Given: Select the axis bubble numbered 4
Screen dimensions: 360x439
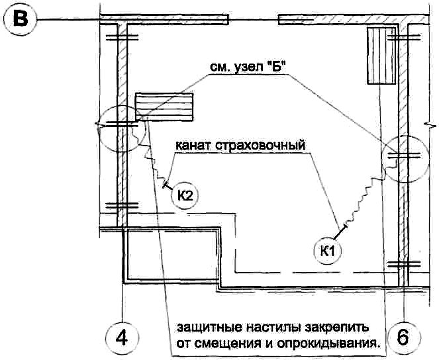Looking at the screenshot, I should click(121, 337).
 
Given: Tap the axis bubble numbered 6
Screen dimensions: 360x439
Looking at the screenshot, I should click(403, 337).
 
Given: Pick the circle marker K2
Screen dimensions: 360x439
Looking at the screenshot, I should click(185, 196).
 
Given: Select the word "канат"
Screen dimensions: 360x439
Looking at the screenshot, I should click(195, 145).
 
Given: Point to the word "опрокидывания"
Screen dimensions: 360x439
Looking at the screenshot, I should click(319, 345).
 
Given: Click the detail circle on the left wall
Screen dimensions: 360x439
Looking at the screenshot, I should click(119, 130).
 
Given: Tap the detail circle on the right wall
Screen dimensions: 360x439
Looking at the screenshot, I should click(404, 159).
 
